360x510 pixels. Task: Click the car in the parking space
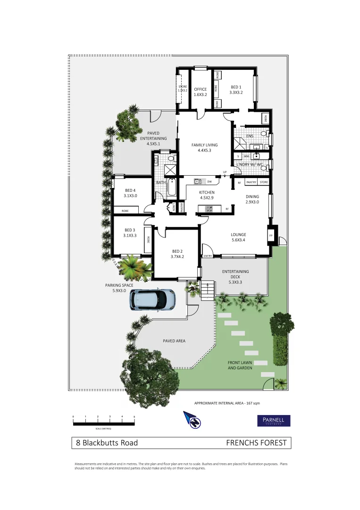tap(152, 299)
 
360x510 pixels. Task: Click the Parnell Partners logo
tap(273, 421)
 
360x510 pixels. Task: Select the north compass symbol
tap(193, 420)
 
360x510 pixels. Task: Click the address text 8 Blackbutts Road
tap(107, 443)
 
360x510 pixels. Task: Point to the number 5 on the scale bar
tap(134, 416)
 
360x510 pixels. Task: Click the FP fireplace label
tap(271, 235)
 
